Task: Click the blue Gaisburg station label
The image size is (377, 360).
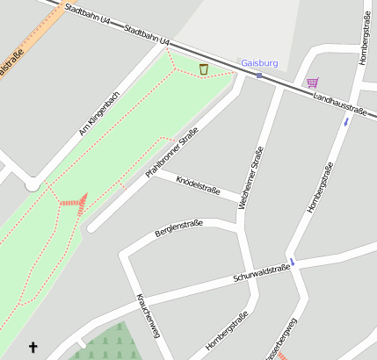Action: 259,63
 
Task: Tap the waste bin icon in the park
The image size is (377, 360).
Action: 204,69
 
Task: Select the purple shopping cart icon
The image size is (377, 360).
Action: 312,83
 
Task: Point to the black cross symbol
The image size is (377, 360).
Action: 33,348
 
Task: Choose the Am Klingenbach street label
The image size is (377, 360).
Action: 98,113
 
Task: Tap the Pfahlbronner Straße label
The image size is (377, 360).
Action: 172,153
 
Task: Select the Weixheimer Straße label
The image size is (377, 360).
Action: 250,177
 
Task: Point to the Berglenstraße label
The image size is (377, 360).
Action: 178,228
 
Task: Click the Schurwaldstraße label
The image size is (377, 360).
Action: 262,272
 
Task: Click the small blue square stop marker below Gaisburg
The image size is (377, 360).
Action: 259,76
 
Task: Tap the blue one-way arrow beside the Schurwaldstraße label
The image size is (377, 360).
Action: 293,261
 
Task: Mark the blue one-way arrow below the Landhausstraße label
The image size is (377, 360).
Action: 346,120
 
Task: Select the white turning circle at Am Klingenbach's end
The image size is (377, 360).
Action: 33,184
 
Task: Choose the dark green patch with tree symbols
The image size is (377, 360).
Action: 107,343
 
